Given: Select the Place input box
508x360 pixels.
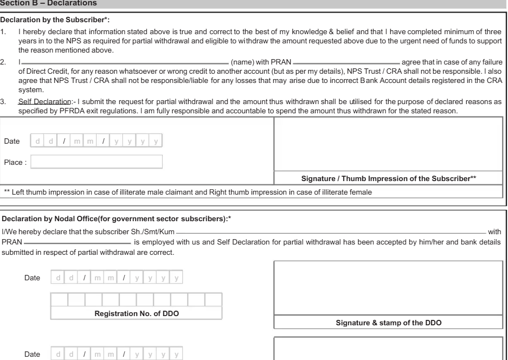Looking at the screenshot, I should click(x=97, y=162).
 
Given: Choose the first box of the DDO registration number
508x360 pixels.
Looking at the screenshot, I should click(x=59, y=299).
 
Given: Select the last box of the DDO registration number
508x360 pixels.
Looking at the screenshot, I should click(x=214, y=299).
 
